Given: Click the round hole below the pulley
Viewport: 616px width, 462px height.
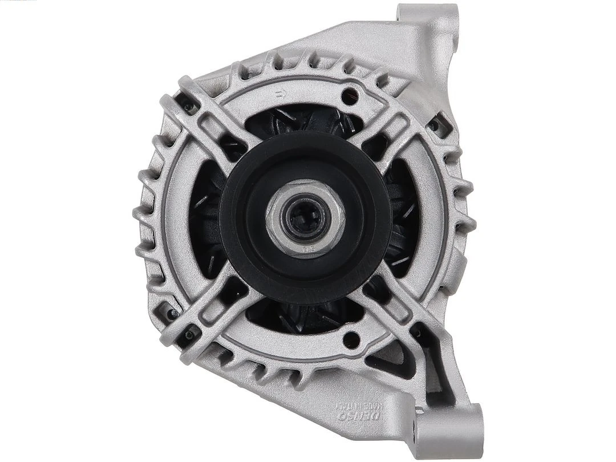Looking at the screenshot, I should [352, 340].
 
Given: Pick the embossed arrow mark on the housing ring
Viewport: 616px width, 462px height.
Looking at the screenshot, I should [279, 94].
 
